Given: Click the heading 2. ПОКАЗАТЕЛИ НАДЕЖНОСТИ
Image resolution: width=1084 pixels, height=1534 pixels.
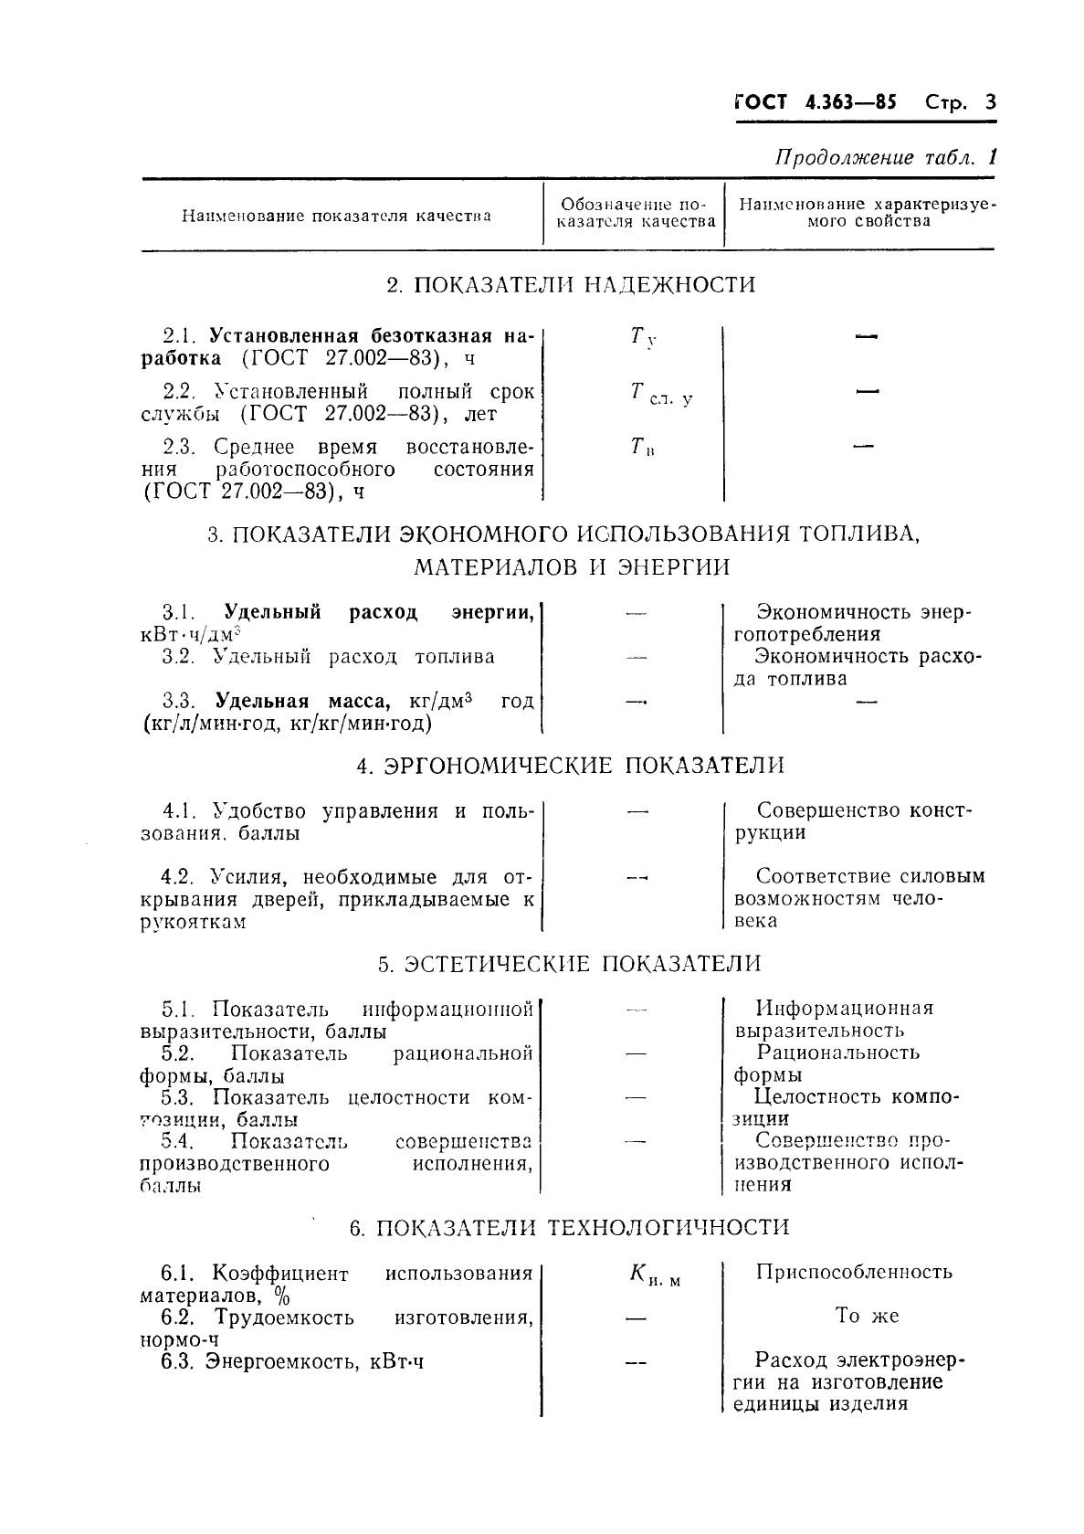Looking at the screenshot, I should (x=571, y=285).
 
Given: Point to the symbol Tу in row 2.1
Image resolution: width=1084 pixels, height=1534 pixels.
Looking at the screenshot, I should (x=642, y=338).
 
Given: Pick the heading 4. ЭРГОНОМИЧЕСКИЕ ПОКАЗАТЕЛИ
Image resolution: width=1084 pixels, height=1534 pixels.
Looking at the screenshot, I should (x=571, y=766).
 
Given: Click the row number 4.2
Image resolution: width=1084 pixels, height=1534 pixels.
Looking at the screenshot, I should (x=175, y=877).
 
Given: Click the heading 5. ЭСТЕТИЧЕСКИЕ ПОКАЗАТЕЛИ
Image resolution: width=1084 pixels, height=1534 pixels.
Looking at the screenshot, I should (x=569, y=964).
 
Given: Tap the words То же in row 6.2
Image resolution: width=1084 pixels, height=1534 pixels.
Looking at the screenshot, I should (x=867, y=1316).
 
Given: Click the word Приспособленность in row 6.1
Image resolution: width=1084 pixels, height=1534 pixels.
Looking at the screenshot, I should (x=854, y=1272).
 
